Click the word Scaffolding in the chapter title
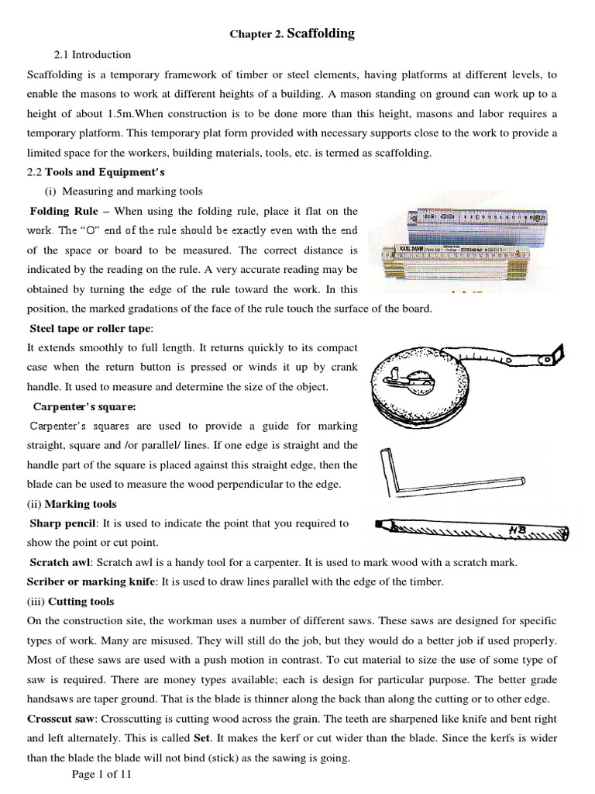[321, 33]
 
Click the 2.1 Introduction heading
[91, 55]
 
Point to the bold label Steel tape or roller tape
[91, 328]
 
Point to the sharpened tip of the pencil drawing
[380, 523]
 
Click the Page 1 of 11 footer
[104, 775]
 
